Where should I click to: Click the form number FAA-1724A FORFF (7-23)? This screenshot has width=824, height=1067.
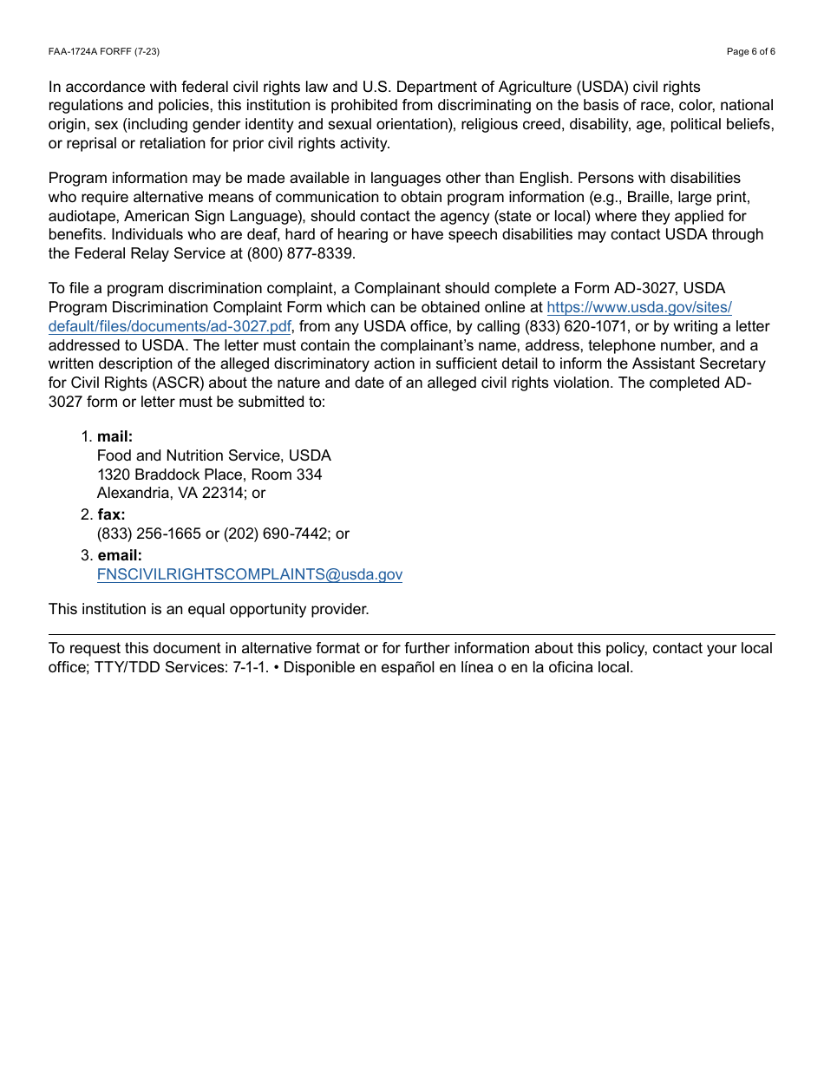point(104,52)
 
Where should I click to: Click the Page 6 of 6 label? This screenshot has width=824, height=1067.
point(750,52)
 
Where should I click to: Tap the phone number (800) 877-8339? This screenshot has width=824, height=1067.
point(301,254)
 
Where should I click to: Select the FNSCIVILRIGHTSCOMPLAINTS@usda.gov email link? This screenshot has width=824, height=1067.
point(249,575)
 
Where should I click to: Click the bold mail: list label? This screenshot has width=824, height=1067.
point(114,437)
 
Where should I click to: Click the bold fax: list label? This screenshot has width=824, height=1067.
point(111,515)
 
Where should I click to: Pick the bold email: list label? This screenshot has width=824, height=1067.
point(120,555)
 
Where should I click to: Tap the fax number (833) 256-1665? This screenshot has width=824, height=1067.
point(149,534)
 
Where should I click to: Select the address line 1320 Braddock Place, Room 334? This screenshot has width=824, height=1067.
point(209,475)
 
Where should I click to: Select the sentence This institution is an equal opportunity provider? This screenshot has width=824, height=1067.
point(208,609)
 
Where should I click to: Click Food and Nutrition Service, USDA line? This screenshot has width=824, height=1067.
point(213,455)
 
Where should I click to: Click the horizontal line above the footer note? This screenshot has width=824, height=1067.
point(411,634)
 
